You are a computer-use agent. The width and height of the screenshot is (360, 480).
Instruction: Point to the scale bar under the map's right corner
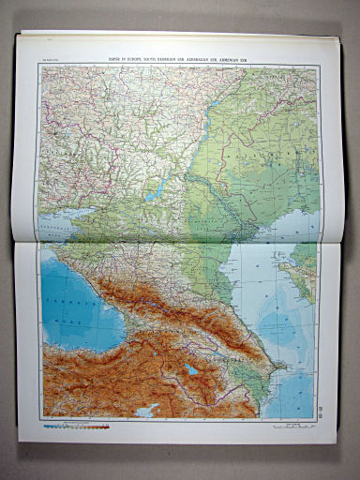click(x=299, y=424)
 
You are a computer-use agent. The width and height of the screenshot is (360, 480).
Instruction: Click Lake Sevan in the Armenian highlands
click(x=191, y=369)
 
